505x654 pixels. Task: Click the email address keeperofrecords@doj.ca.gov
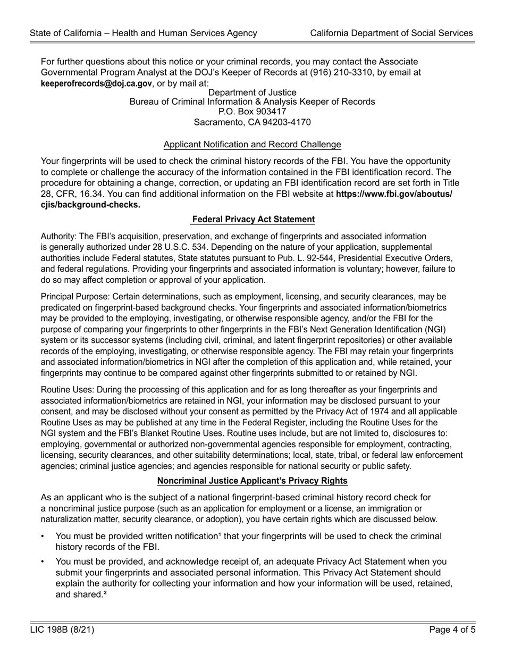pos(96,83)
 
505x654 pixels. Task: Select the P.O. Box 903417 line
pos(252,112)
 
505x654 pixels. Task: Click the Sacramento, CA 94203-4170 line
pos(252,122)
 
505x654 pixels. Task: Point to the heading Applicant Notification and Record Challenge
pos(252,144)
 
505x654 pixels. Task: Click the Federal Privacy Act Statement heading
pos(253,219)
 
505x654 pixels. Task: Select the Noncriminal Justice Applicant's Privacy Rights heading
pos(252,481)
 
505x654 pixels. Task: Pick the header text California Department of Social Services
pos(391,33)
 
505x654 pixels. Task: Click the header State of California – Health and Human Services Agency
pos(144,33)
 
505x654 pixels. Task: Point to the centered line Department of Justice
pos(252,93)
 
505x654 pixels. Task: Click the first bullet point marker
pos(43,536)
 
